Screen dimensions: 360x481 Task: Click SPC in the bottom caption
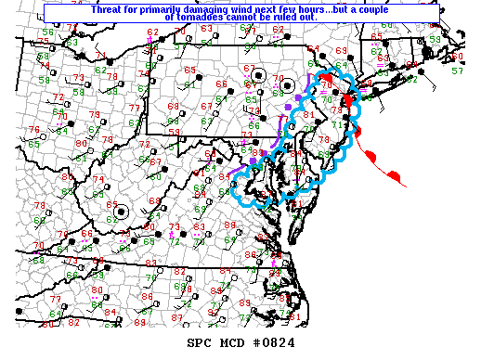click(200, 343)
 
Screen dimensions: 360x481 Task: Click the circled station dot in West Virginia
click(121, 212)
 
